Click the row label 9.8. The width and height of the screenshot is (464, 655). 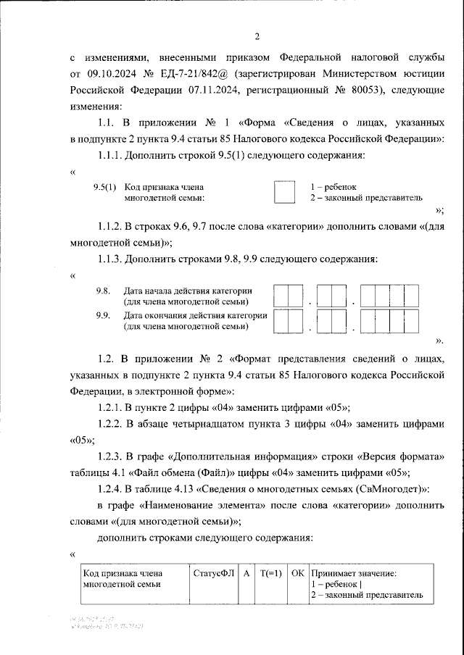coord(103,291)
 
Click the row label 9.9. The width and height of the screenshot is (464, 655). coord(103,315)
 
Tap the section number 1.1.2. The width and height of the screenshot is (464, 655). coord(109,227)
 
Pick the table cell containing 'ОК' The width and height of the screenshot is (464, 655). coord(297,573)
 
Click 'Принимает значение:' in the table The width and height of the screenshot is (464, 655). coord(353,573)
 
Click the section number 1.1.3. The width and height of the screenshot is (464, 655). coord(109,259)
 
